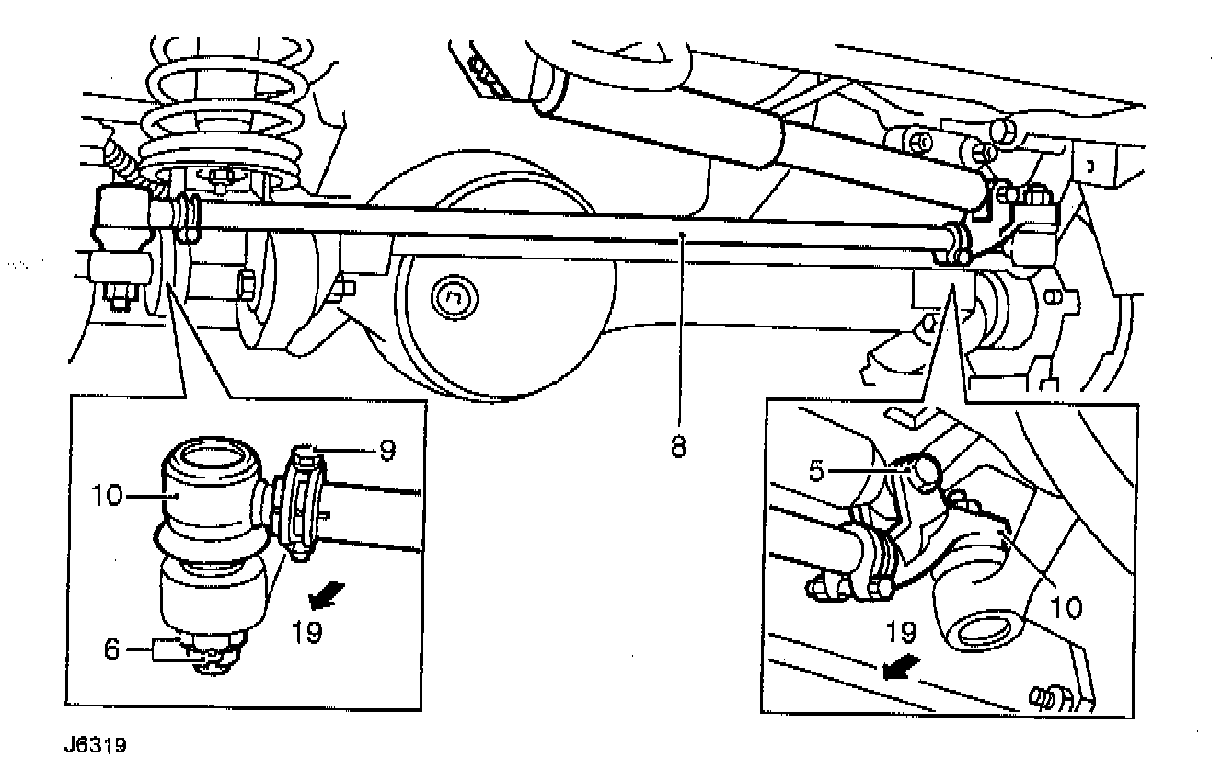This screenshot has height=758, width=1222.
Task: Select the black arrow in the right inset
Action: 898,668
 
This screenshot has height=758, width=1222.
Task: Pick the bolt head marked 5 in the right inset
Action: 924,469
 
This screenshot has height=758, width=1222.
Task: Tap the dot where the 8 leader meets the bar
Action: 681,236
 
